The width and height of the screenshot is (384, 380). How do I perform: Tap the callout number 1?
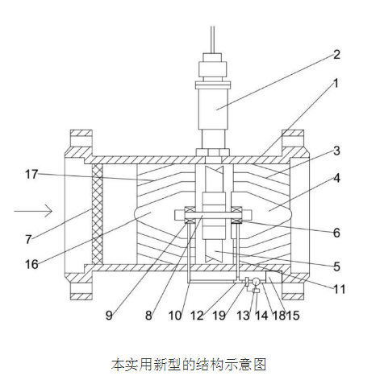(x=336, y=83)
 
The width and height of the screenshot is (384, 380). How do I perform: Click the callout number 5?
(x=336, y=265)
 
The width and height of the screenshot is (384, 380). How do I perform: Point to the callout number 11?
(x=339, y=287)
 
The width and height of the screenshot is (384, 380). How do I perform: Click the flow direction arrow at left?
(x=34, y=212)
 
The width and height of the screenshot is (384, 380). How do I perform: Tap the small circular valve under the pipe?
(x=255, y=282)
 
